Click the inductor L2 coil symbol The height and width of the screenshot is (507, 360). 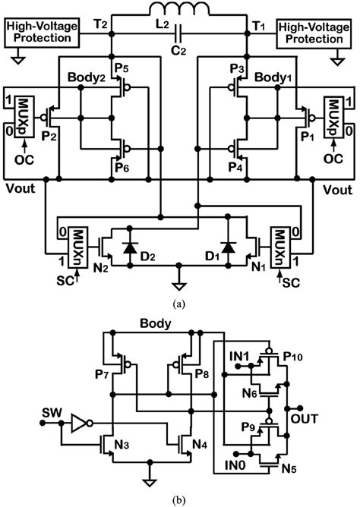(x=180, y=11)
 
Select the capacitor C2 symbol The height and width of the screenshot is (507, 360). (x=180, y=33)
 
